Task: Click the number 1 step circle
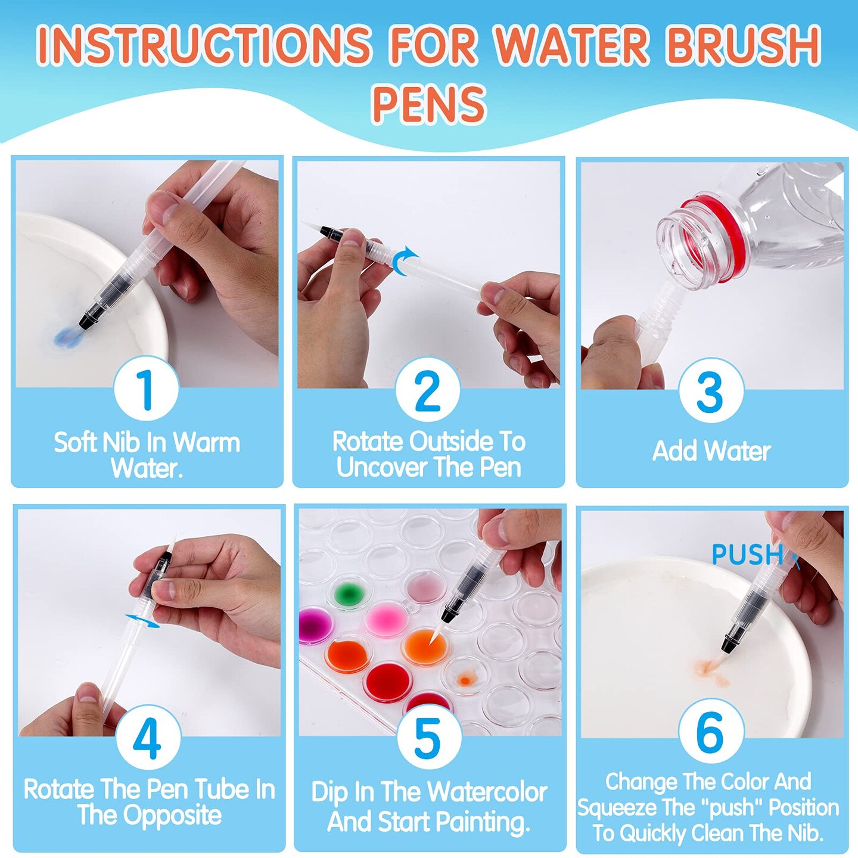(x=146, y=388)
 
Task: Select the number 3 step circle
(x=710, y=391)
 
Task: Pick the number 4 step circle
(x=148, y=738)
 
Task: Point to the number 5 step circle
(x=428, y=738)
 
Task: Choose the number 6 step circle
(x=710, y=731)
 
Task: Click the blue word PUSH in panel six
(x=747, y=555)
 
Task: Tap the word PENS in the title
(x=428, y=104)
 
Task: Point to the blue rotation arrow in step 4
(x=143, y=621)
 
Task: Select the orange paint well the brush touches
(x=424, y=646)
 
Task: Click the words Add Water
(x=711, y=451)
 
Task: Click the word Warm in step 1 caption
(x=206, y=443)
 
